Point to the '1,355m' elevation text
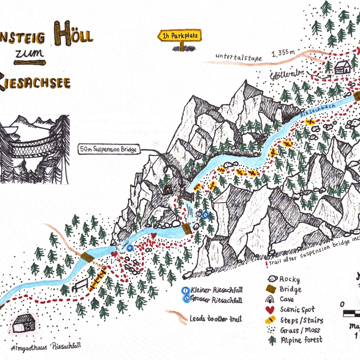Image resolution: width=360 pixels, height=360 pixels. click(x=283, y=53)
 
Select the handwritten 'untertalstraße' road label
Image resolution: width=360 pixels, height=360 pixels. click(x=238, y=57)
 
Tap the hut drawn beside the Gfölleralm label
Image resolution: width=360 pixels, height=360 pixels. click(x=342, y=67)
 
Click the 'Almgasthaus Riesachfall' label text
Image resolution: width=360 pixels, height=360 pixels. click(x=46, y=347)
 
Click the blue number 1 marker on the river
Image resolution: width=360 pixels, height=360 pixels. click(x=130, y=248)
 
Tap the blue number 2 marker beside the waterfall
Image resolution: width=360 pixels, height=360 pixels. click(x=205, y=214)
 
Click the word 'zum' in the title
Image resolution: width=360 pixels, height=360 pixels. click(x=29, y=53)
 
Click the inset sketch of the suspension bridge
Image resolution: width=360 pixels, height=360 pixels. click(x=34, y=149)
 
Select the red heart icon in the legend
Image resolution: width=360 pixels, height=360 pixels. click(x=270, y=310)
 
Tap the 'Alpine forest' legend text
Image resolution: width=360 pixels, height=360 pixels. click(x=301, y=340)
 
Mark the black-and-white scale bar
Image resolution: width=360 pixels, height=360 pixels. click(x=351, y=314)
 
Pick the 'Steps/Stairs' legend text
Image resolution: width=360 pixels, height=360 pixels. click(x=301, y=320)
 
